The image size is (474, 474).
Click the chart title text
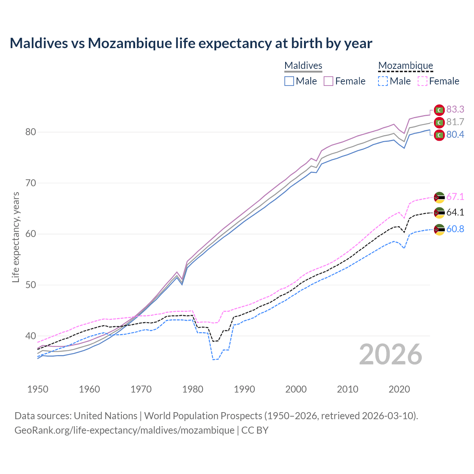click(191, 43)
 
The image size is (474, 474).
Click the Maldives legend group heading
click(303, 66)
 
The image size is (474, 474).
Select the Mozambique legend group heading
click(405, 66)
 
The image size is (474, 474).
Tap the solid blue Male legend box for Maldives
click(289, 81)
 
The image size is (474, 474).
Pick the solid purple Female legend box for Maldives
click(329, 81)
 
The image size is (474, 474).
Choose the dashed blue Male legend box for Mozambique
click(383, 81)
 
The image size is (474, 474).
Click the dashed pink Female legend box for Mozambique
click(423, 81)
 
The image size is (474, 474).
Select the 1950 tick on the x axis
click(38, 389)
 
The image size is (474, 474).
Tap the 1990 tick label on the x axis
click(244, 389)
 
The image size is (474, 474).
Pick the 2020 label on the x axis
click(399, 389)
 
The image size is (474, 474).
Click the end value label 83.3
click(455, 109)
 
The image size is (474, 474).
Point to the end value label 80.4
click(455, 135)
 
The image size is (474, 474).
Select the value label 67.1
click(455, 197)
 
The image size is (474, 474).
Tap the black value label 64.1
click(455, 212)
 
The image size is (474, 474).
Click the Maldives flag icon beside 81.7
click(439, 122)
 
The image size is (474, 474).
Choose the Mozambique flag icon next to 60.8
click(439, 230)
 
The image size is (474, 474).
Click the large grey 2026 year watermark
click(391, 354)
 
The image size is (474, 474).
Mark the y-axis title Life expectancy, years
click(16, 237)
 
